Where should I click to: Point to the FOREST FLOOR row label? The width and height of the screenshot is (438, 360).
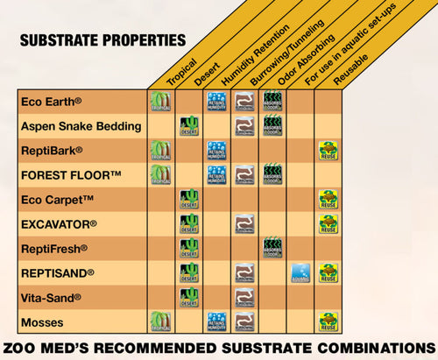(x=72, y=173)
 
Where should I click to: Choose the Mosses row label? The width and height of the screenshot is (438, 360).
(x=40, y=321)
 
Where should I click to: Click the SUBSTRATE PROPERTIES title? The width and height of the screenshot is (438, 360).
(x=102, y=40)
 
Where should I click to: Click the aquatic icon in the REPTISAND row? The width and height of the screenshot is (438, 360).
(x=300, y=272)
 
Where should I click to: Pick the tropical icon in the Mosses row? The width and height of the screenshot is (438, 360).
(x=160, y=321)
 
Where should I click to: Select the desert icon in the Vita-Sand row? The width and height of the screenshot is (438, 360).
(x=187, y=297)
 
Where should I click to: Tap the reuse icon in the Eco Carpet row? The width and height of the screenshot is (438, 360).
(x=328, y=199)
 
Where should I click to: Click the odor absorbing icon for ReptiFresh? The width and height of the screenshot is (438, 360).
(x=272, y=248)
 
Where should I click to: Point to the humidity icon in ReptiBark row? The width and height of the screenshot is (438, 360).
(x=216, y=150)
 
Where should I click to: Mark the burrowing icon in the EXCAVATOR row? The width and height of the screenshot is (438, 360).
(x=244, y=223)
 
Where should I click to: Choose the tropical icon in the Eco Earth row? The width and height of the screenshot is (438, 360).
(x=160, y=101)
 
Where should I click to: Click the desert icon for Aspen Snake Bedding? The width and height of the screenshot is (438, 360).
(x=187, y=125)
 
